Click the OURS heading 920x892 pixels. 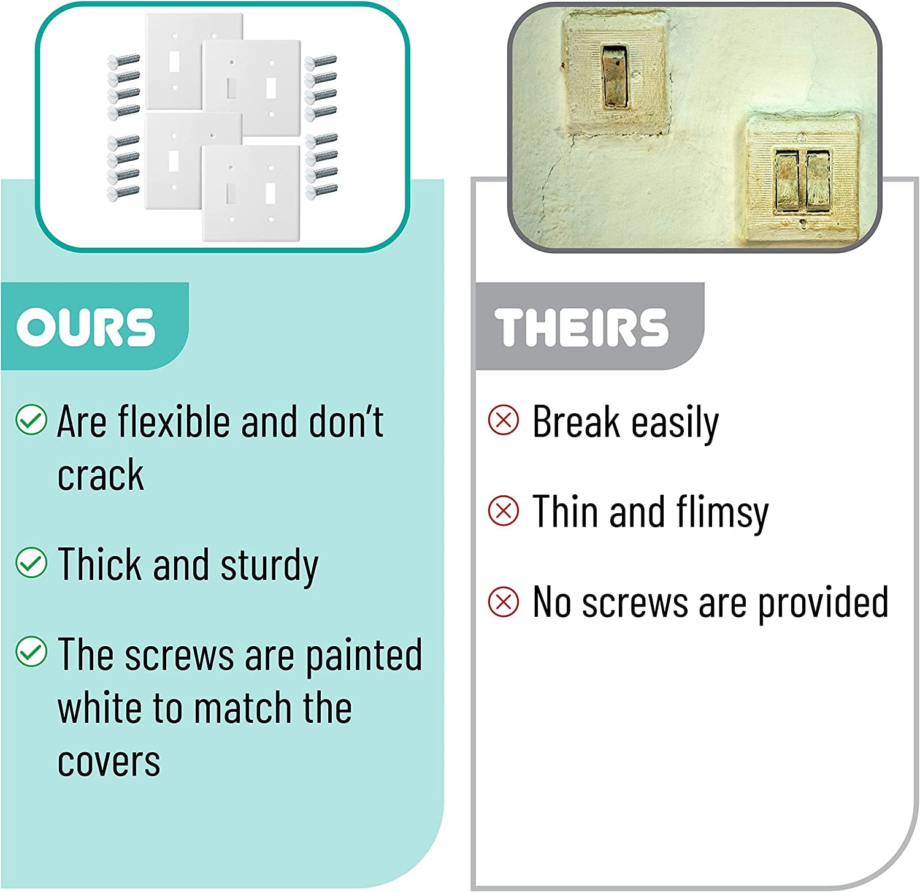[x=86, y=327]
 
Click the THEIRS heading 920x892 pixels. [x=581, y=327]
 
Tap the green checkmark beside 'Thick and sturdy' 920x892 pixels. [x=31, y=562]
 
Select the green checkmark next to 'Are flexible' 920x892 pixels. [x=31, y=420]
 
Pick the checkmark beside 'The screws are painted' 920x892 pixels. [x=31, y=652]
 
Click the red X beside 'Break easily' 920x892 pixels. [x=504, y=421]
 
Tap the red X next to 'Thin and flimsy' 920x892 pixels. [x=504, y=511]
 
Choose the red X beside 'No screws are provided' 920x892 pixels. [x=504, y=601]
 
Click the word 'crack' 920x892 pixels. [x=101, y=475]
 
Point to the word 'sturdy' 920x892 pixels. [x=269, y=566]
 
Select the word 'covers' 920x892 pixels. [x=109, y=762]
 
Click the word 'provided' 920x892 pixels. [x=823, y=603]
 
